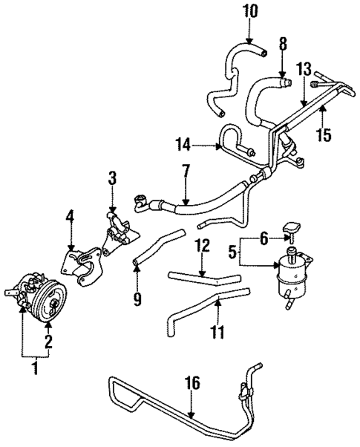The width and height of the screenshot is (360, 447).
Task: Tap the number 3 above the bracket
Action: coord(112,177)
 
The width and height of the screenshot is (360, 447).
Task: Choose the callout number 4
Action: coord(70,217)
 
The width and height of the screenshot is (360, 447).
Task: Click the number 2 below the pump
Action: coord(48,343)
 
